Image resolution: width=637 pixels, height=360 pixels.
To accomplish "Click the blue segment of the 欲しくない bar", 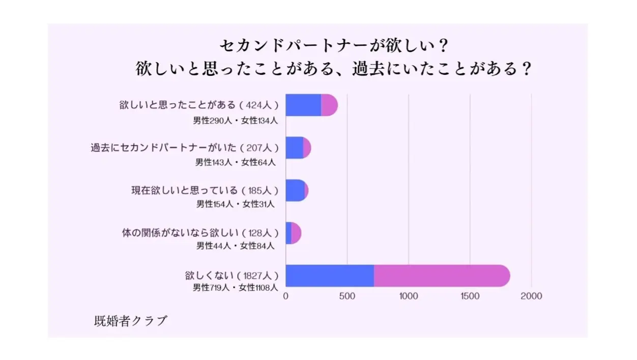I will click(330, 276).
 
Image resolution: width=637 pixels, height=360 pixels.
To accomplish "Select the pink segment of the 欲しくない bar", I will click(441, 276).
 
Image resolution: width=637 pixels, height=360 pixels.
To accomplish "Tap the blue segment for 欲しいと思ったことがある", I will click(303, 105).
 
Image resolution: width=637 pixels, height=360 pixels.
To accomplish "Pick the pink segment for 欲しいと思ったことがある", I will click(329, 105).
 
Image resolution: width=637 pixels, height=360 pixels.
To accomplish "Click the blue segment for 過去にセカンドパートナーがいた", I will click(294, 148).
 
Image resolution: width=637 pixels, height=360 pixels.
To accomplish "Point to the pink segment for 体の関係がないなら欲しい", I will click(296, 233).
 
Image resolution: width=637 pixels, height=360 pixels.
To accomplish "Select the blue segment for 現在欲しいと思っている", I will click(295, 190).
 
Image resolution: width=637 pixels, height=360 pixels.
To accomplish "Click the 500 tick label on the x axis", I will click(347, 296).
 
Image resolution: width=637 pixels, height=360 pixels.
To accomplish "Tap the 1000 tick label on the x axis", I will click(409, 296).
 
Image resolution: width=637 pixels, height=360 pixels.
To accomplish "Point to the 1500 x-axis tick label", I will click(470, 296).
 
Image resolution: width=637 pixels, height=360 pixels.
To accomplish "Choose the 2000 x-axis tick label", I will click(532, 296).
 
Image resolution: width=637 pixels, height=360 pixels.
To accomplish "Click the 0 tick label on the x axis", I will click(286, 296).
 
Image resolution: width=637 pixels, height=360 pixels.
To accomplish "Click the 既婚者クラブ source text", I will click(131, 321).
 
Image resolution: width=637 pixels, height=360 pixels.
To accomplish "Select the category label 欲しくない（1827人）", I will click(232, 276).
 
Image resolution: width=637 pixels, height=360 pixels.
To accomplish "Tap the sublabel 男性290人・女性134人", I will click(235, 121).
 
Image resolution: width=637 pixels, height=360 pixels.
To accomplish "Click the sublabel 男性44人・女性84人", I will click(235, 246).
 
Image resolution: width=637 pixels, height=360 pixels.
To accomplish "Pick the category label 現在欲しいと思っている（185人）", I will click(205, 191).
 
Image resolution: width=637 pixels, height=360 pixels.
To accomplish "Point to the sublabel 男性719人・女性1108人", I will click(235, 288).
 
